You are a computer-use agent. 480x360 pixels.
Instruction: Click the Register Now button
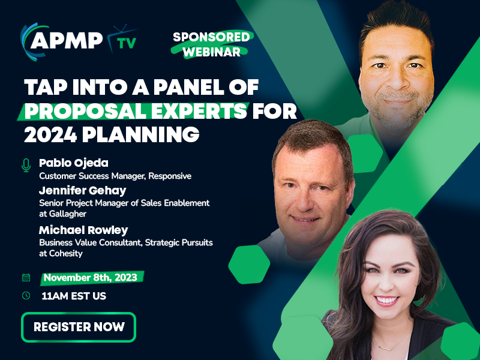pos(79,327)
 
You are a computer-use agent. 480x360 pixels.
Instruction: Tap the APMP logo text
pos(67,40)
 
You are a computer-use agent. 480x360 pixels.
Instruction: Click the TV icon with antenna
pos(122,39)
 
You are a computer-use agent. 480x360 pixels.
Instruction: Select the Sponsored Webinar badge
pos(212,44)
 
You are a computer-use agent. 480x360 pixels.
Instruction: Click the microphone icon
pos(26,166)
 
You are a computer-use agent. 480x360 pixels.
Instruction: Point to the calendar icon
pos(26,277)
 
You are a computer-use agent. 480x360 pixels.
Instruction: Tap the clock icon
pos(26,295)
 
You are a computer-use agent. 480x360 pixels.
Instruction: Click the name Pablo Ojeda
pos(74,163)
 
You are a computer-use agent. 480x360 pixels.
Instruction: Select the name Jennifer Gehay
pos(83,190)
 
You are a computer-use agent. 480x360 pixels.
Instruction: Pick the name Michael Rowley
pos(83,230)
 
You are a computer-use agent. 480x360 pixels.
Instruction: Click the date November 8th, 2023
pos(91,277)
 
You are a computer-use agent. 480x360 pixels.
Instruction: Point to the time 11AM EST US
pos(74,296)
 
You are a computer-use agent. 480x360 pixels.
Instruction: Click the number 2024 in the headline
pos(50,134)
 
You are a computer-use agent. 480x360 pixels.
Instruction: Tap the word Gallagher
pos(68,214)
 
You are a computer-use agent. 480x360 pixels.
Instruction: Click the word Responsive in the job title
pos(170,176)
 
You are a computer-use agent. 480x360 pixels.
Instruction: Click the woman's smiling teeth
pos(386,300)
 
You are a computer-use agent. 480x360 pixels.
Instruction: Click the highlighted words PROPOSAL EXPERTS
pos(136,111)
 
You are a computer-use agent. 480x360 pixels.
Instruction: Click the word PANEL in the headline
pos(189,87)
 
